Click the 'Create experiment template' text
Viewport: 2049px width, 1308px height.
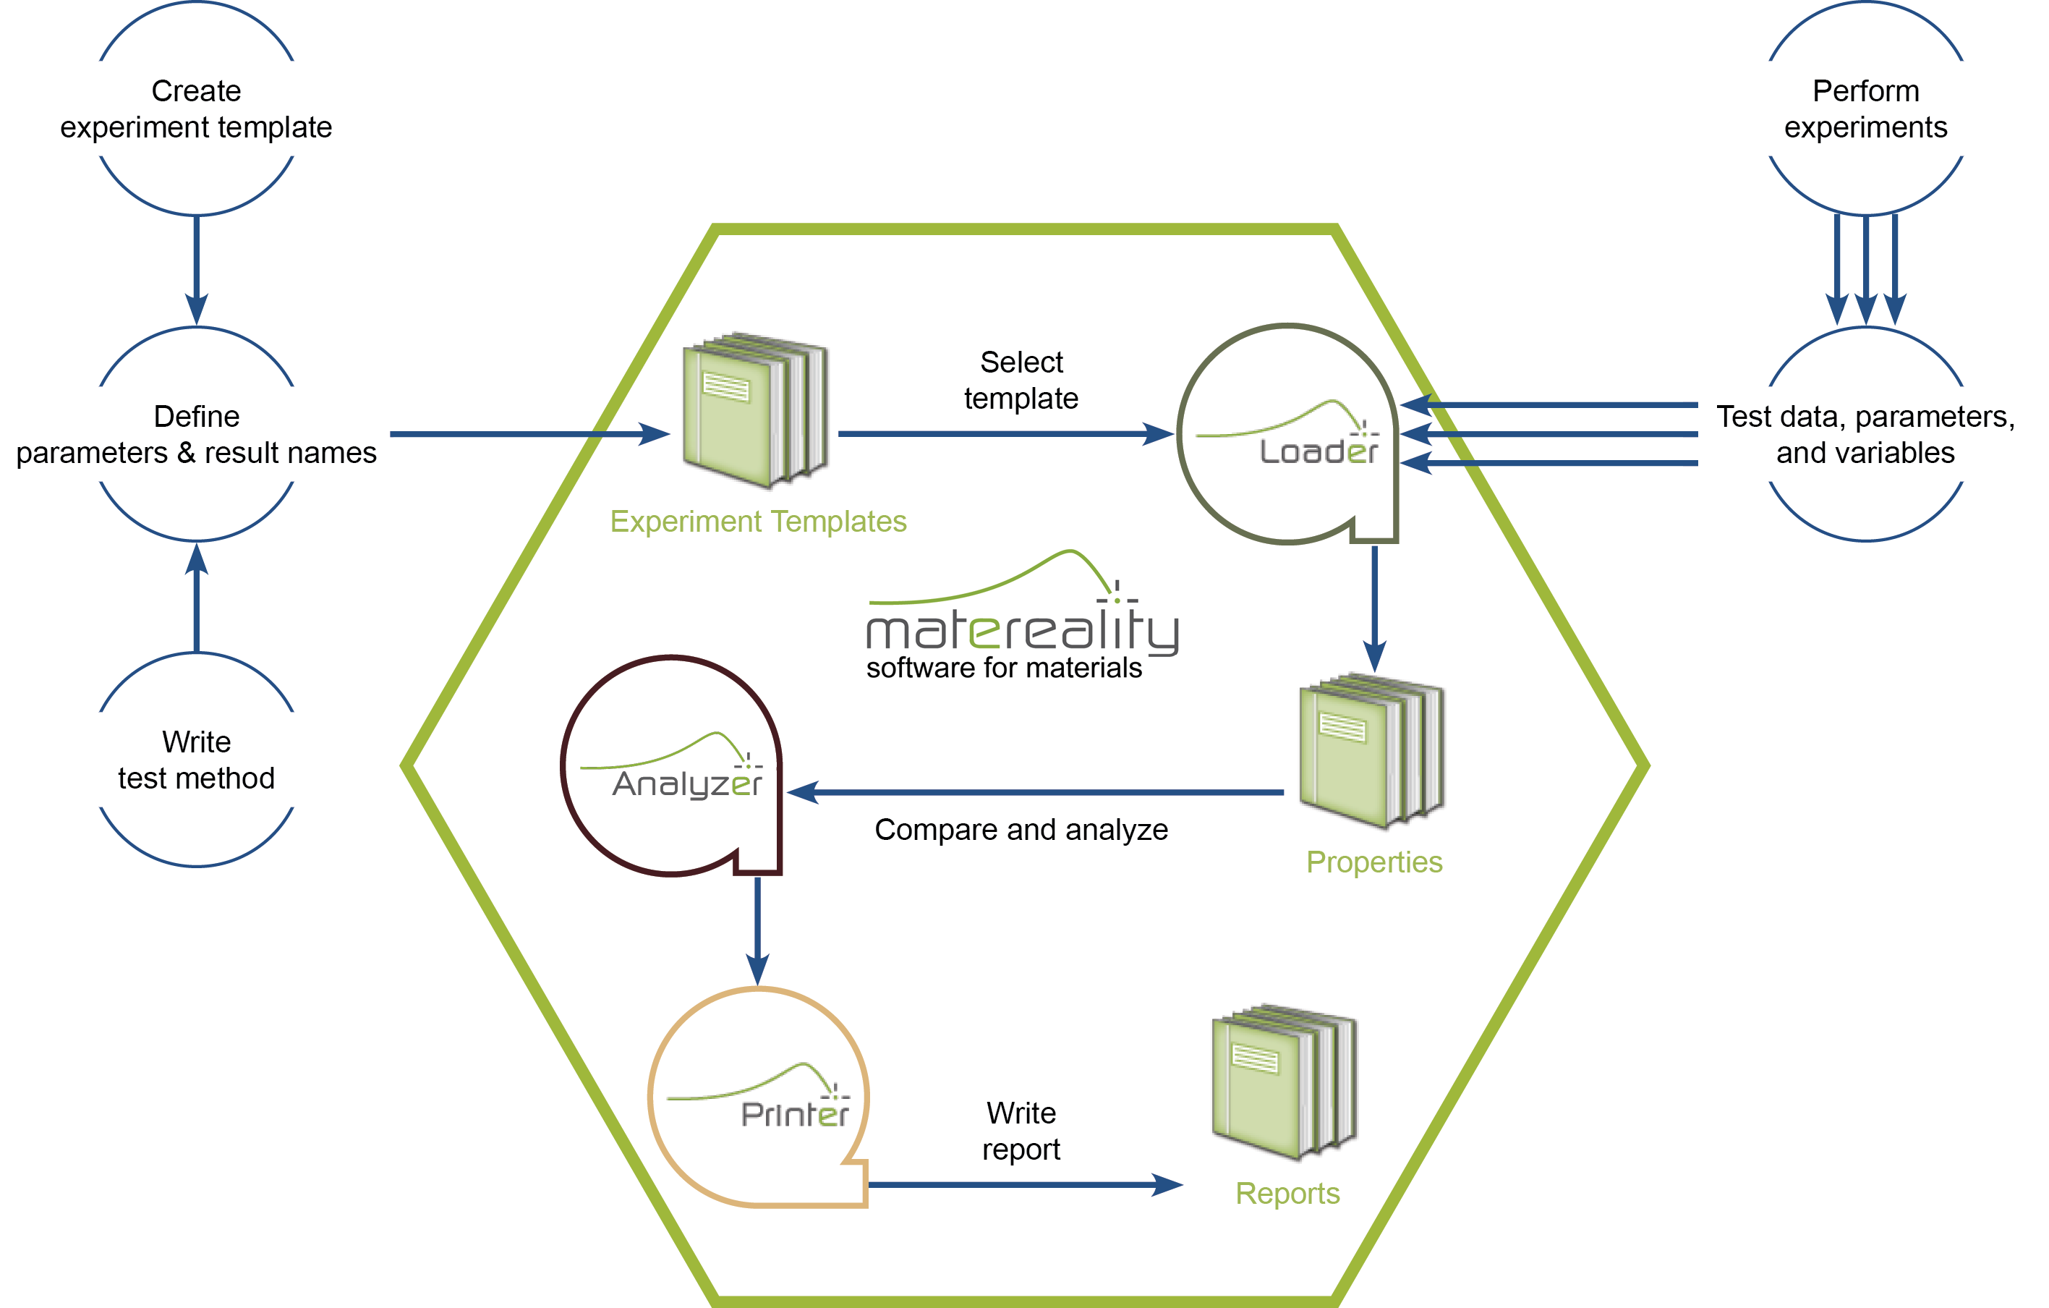click(x=196, y=109)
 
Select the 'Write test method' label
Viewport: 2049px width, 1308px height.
click(x=197, y=760)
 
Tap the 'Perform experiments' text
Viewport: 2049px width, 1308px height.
click(x=1866, y=109)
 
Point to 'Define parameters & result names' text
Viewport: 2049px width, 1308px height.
click(x=197, y=435)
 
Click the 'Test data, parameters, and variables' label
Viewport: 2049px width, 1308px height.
click(x=1866, y=435)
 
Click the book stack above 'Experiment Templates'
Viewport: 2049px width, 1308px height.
click(x=756, y=410)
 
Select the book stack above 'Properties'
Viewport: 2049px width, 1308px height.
click(x=1372, y=752)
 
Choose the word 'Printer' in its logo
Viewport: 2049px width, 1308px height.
click(x=796, y=1114)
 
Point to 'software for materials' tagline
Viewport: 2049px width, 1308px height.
click(x=1004, y=668)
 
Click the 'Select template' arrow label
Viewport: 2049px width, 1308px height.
click(x=1021, y=381)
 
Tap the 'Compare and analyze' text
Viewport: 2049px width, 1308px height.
click(x=1021, y=830)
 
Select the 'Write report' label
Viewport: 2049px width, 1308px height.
click(x=1021, y=1131)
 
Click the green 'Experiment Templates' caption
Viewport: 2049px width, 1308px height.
click(x=758, y=522)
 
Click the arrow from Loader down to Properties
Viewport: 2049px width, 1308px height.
click(x=1374, y=609)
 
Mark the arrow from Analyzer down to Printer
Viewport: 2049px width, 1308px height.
click(x=757, y=932)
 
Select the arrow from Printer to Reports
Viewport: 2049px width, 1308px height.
click(x=1026, y=1184)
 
